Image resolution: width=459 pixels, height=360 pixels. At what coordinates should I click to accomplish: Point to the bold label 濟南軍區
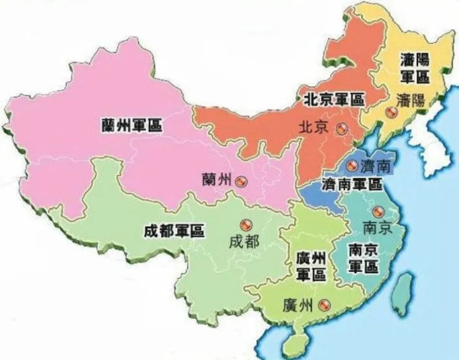(352, 184)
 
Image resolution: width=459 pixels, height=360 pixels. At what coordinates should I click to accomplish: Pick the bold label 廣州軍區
(311, 266)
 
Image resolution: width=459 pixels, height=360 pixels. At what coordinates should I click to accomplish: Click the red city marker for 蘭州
(240, 181)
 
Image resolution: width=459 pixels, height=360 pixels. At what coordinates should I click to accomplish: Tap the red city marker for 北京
(341, 128)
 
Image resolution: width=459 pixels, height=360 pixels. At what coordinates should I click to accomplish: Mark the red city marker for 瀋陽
(390, 113)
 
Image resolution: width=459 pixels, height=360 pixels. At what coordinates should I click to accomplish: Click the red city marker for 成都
(244, 225)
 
